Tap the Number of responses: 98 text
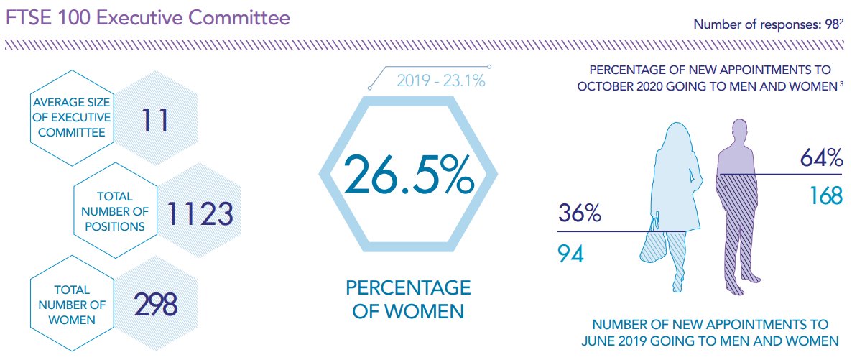767,24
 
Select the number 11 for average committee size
154,119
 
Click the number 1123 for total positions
200,213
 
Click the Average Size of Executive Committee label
72,117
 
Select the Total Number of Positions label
115,211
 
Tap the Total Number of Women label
72,305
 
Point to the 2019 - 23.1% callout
441,80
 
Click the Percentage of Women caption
408,300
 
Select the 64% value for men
821,158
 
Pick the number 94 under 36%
571,253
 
